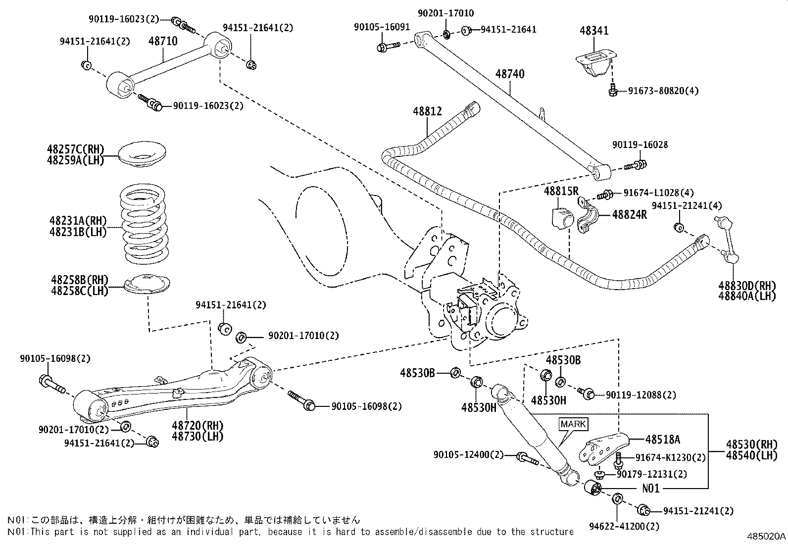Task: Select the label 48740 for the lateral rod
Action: (510, 74)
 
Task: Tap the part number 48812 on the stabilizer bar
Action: (427, 112)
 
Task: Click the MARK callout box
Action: (573, 424)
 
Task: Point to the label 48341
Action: (594, 30)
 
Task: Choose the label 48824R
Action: (629, 214)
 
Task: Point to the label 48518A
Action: (662, 439)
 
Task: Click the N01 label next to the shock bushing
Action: (651, 488)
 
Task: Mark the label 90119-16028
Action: (640, 145)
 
